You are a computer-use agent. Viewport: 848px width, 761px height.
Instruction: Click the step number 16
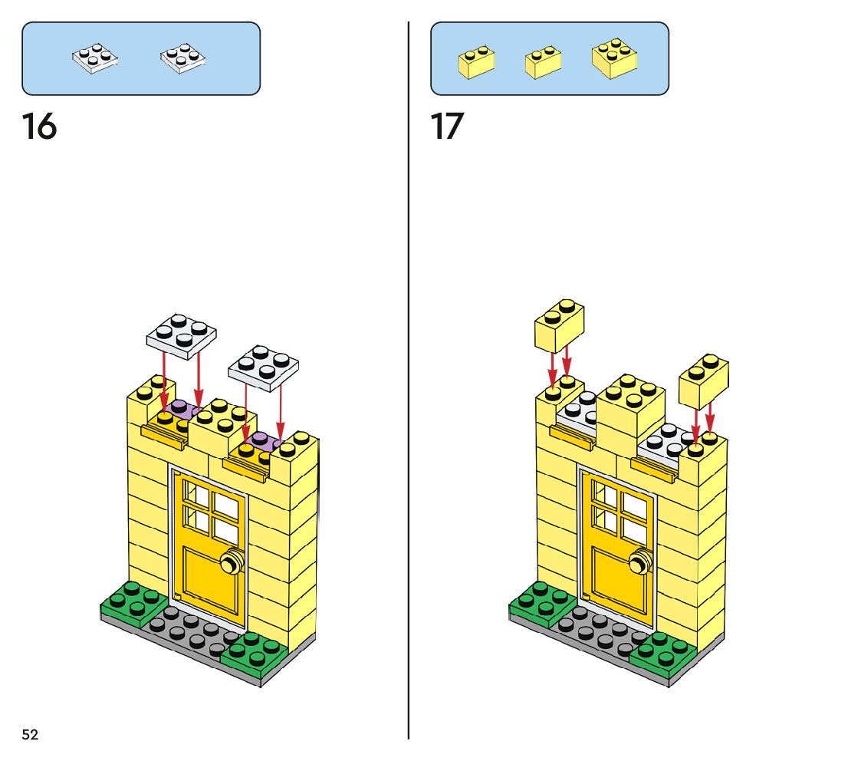(39, 127)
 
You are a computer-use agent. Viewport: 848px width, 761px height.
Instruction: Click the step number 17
(447, 127)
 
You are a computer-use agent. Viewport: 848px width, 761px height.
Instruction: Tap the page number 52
(30, 734)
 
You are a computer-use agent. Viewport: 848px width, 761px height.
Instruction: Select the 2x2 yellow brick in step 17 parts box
(615, 58)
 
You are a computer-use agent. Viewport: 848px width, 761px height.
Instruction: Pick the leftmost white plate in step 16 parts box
(94, 60)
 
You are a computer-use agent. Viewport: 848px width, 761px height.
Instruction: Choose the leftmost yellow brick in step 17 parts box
(476, 62)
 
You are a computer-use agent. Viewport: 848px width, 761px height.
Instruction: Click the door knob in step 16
(229, 564)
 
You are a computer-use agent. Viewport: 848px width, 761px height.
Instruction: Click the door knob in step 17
(638, 565)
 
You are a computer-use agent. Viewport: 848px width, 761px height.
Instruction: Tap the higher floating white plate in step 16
(182, 334)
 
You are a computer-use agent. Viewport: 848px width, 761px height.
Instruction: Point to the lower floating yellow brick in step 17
(704, 380)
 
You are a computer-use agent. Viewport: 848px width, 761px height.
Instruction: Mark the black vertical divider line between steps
(409, 384)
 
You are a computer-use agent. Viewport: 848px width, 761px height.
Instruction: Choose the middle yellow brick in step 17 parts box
(543, 62)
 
